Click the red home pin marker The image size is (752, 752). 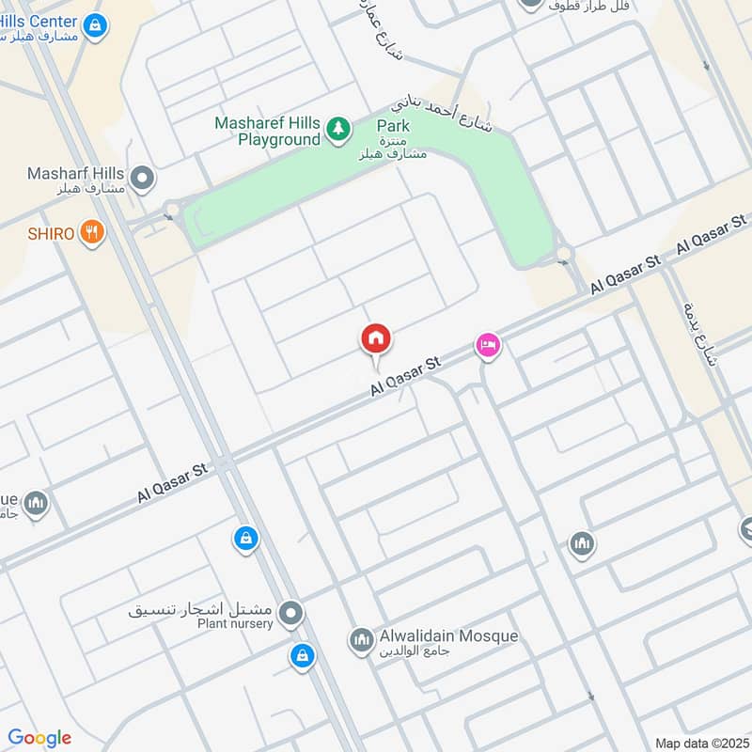[x=376, y=338]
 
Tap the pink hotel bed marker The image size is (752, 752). [x=487, y=346]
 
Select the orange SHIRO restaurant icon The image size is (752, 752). [x=91, y=232]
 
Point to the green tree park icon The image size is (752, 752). [x=337, y=131]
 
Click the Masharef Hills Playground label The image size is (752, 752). [x=268, y=132]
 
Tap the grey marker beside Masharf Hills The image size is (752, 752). [x=143, y=177]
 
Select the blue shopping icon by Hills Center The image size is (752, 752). [x=94, y=27]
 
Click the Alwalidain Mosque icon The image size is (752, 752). [x=361, y=641]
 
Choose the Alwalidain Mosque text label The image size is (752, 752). [x=448, y=636]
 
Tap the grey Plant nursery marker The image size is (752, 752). [x=291, y=615]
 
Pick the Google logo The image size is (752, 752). [x=39, y=738]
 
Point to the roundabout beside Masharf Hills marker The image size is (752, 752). [x=171, y=210]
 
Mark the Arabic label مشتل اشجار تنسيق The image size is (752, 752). [x=202, y=609]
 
